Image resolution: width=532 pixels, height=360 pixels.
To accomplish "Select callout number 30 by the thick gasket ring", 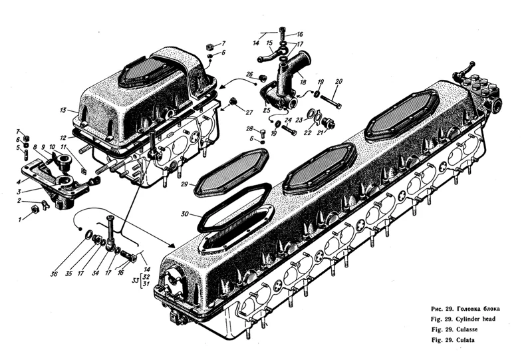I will (186, 214).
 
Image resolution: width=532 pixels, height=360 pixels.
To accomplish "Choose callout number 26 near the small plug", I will (250, 74).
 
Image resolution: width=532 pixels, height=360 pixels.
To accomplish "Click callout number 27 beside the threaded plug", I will (249, 112).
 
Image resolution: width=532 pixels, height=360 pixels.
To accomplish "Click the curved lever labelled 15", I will (267, 55).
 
